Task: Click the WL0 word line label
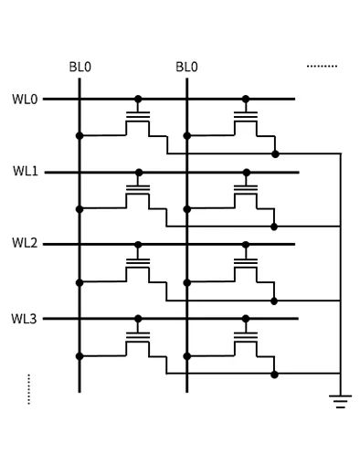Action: pos(25,98)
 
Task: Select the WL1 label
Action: pos(25,171)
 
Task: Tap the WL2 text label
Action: pos(25,244)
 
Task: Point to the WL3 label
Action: pos(25,318)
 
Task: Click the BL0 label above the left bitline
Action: pos(80,67)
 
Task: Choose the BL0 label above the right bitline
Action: pos(187,67)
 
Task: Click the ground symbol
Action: pos(341,400)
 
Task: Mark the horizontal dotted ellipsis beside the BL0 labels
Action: pos(322,67)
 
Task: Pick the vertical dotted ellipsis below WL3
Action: pos(29,388)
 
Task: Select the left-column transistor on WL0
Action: pos(138,120)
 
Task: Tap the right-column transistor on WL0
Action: pos(245,120)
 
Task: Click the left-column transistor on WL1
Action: pos(138,193)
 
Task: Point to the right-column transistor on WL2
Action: pos(245,266)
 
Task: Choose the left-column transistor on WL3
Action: pos(138,340)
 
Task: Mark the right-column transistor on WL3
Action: pos(245,340)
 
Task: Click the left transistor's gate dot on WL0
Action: pos(138,99)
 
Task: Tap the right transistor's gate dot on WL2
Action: pos(245,245)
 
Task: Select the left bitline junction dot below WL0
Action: pos(80,135)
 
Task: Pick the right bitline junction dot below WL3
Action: pos(187,355)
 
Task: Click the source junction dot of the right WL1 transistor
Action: pos(274,226)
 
